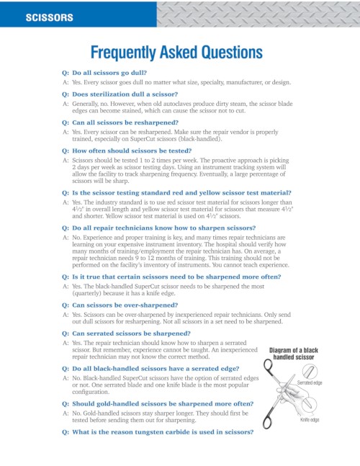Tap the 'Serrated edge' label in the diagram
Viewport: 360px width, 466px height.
(310, 383)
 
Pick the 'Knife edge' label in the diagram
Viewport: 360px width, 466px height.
(310, 419)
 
